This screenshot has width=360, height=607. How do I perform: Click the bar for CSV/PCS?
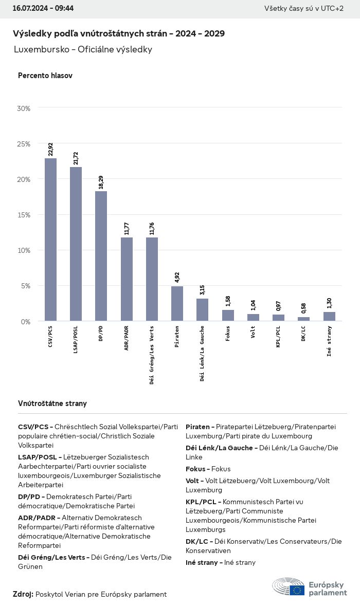click(50, 240)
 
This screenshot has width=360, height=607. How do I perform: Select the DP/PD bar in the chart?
click(101, 256)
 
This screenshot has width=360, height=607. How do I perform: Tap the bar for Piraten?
click(177, 303)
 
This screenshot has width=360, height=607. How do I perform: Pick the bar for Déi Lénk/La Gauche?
click(202, 309)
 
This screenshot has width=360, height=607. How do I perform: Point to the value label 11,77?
click(127, 228)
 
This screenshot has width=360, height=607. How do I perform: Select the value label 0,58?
click(303, 308)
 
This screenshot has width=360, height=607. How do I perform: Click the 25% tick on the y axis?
click(24, 144)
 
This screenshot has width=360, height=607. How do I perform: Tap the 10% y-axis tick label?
click(24, 250)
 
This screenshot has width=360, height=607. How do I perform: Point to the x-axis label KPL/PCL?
click(278, 337)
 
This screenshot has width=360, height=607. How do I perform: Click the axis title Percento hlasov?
click(45, 76)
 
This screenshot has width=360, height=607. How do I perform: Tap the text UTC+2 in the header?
click(332, 8)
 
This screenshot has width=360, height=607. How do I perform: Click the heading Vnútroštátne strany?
click(52, 403)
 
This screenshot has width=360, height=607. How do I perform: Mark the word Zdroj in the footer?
click(23, 594)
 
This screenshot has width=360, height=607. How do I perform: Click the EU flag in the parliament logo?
click(297, 590)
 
